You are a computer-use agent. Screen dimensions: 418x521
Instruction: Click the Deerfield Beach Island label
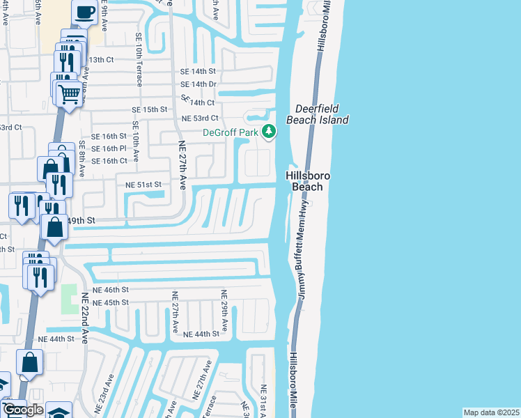pos(321,114)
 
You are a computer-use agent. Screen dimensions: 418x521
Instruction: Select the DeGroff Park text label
pos(230,132)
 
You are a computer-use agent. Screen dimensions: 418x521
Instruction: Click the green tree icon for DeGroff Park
pos(269,132)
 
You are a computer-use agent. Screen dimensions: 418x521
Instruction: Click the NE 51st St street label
pos(143,185)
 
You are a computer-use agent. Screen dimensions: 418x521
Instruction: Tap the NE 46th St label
pos(111,289)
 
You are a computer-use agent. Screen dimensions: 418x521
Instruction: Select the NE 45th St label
pos(111,302)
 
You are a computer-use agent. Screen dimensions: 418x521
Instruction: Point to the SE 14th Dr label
pos(199,84)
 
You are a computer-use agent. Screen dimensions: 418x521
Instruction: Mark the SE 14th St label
pos(199,72)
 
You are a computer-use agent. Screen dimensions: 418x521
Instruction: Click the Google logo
pos(23,410)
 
